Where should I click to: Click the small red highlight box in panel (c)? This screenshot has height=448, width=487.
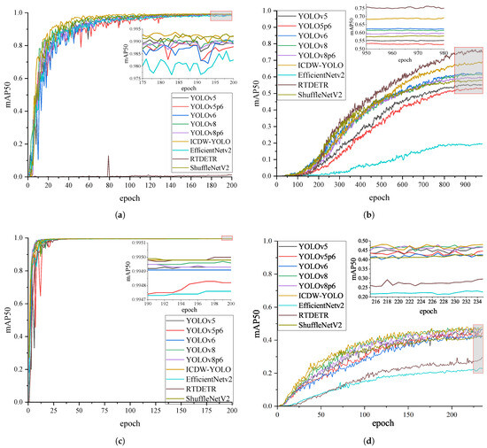point(227,237)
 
